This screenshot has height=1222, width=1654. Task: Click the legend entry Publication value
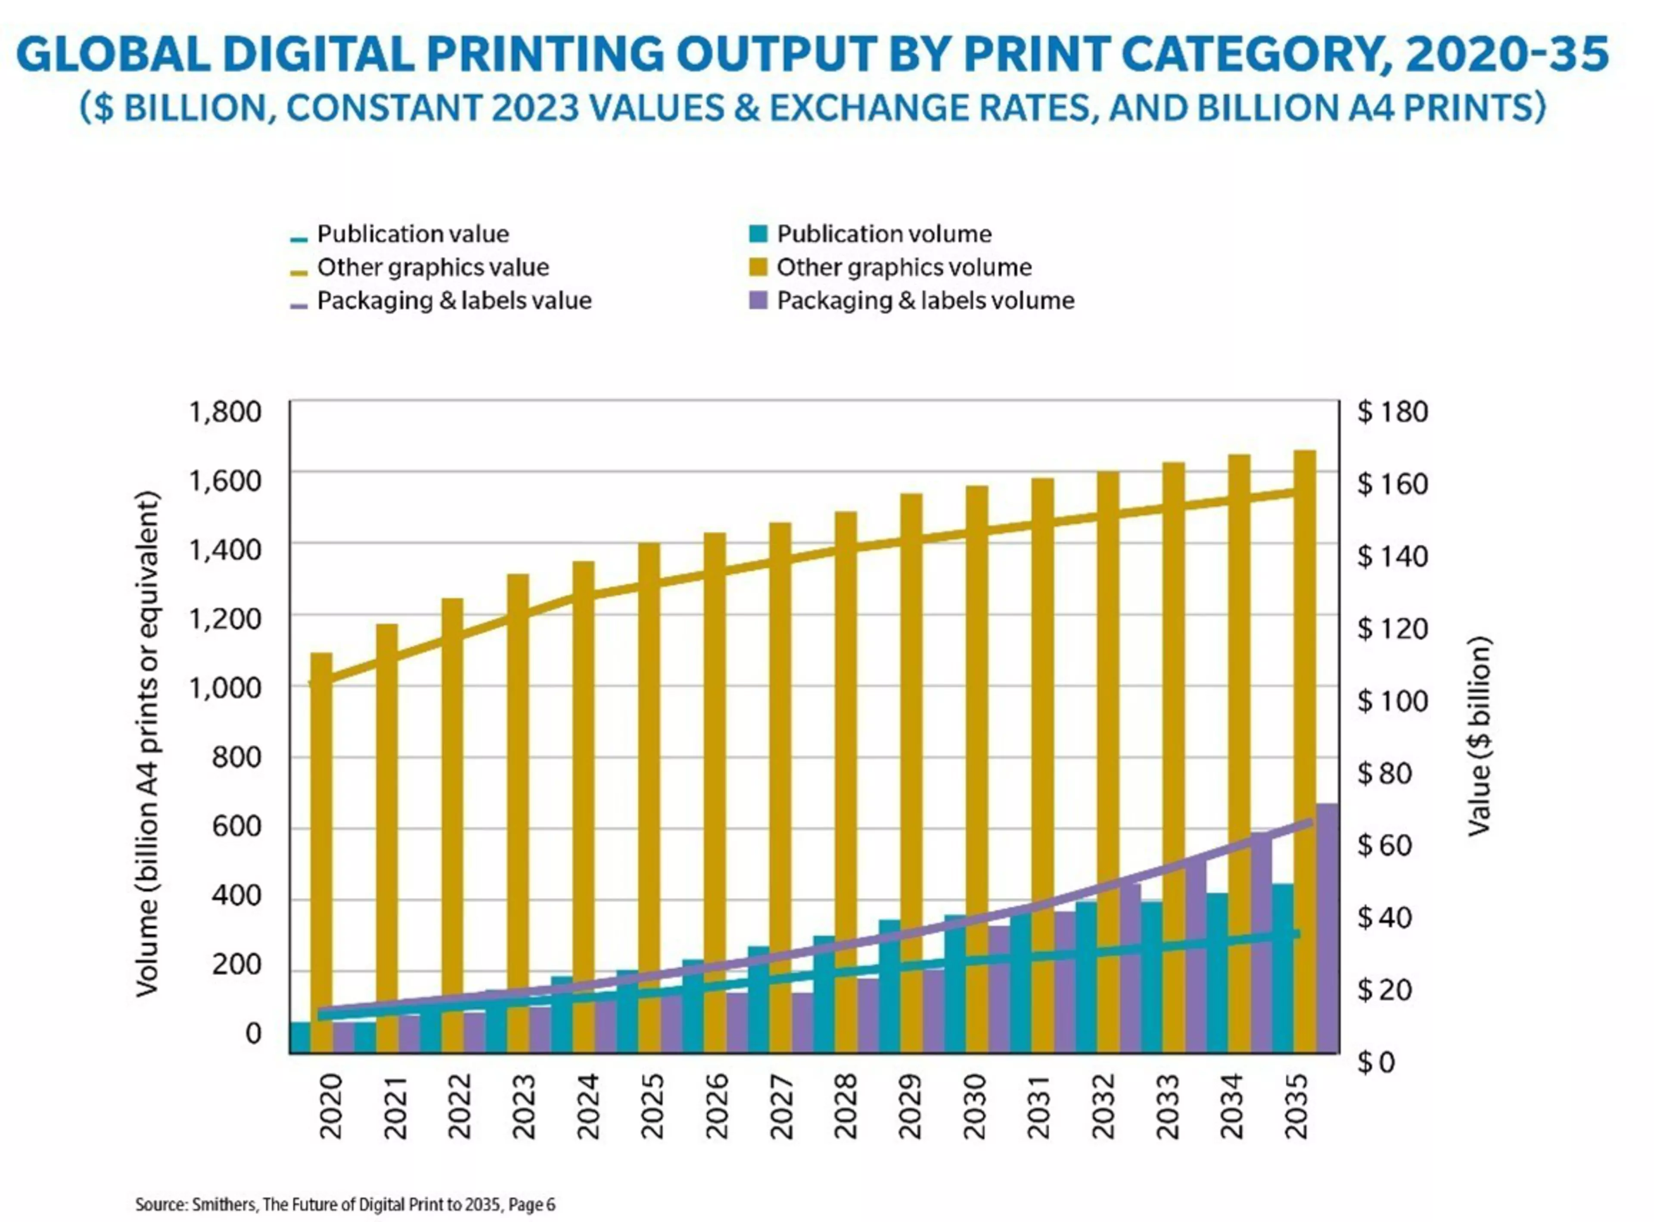point(412,234)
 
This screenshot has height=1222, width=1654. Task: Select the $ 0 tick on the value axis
point(1375,1062)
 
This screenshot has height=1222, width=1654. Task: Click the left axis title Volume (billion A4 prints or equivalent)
point(148,743)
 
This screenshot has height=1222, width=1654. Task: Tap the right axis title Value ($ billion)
point(1479,736)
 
